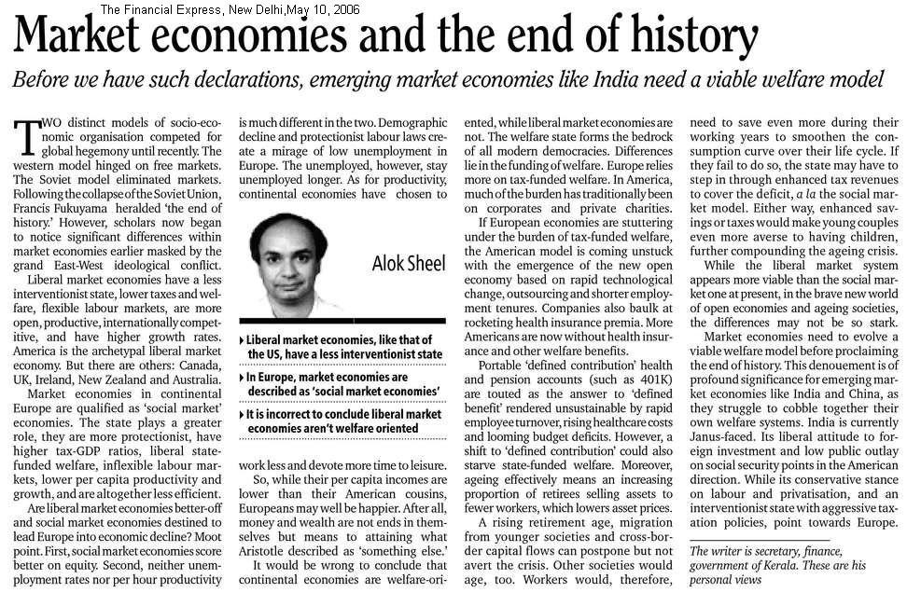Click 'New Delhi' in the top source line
coord(255,10)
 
